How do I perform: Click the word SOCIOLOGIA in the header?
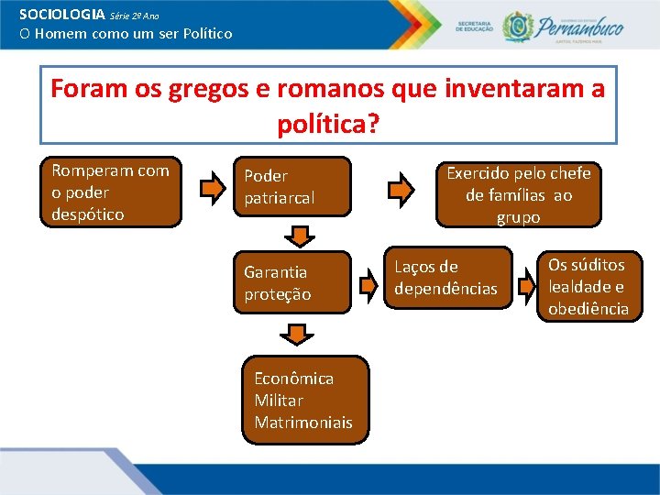61,15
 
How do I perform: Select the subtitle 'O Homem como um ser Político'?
126,34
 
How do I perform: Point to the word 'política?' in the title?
327,122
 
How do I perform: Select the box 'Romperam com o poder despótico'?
111,192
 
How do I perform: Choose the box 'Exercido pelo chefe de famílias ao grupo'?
518,194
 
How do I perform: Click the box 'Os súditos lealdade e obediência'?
588,287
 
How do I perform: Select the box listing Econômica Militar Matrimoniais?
302,401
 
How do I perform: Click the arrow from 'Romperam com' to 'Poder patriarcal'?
212,190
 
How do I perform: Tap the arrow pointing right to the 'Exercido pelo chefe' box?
401,190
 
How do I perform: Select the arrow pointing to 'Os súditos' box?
525,286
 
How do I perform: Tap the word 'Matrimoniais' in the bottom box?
302,423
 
